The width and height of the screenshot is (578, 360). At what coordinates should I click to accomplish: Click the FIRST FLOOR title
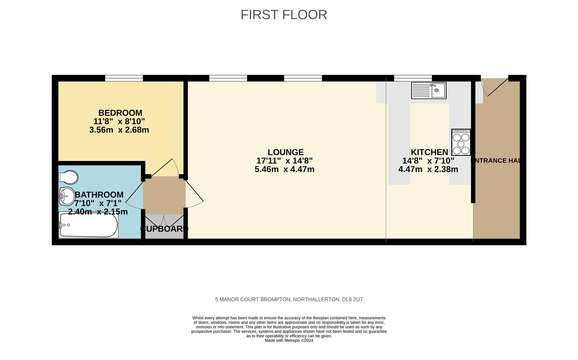[x=284, y=15]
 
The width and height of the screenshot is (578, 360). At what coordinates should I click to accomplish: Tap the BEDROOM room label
[x=120, y=113]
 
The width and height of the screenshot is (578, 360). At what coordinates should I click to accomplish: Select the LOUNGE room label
[x=285, y=152]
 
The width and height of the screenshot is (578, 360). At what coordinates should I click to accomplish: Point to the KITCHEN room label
[x=429, y=152]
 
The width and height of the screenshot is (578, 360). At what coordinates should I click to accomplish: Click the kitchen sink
[x=429, y=90]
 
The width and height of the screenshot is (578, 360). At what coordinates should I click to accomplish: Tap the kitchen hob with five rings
[x=461, y=142]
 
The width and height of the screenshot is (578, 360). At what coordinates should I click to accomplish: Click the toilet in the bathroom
[x=68, y=177]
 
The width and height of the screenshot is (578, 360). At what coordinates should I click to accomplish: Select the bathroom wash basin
[x=67, y=196]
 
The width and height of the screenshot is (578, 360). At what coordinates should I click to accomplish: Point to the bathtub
[x=88, y=225]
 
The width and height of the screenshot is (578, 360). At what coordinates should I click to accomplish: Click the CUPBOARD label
[x=164, y=229]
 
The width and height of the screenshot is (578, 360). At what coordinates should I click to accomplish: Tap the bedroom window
[x=124, y=78]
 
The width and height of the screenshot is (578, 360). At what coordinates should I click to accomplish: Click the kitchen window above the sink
[x=413, y=78]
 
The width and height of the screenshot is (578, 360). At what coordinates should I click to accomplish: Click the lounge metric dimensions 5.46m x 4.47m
[x=284, y=169]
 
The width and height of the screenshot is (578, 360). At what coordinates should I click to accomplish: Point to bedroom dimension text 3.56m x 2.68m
[x=119, y=130]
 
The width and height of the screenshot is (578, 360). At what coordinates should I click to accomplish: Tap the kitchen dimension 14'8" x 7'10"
[x=428, y=161]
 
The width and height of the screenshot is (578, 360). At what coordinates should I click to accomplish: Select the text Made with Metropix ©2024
[x=289, y=340]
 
